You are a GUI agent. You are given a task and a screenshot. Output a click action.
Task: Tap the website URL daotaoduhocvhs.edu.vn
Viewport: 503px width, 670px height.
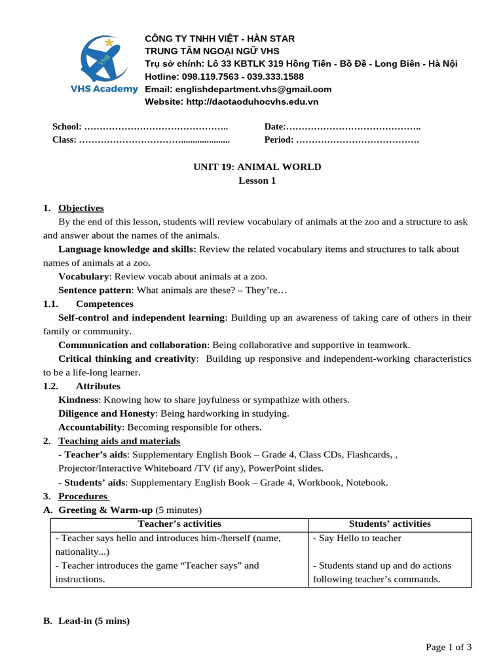click(x=252, y=101)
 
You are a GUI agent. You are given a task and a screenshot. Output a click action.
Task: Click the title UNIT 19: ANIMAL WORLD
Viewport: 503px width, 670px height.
click(x=257, y=167)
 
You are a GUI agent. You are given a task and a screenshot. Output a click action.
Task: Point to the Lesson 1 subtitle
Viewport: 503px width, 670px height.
click(x=257, y=181)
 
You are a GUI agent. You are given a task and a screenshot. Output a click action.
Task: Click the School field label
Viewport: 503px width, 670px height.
click(x=67, y=126)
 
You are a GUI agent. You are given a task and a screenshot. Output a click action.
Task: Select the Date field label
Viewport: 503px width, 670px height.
click(x=275, y=126)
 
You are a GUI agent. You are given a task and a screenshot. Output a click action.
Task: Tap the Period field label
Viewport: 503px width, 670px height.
click(x=279, y=139)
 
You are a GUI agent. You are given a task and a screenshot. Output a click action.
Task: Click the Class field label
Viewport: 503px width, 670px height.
click(x=64, y=139)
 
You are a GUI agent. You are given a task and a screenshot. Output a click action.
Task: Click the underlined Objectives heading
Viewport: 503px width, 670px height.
click(x=81, y=208)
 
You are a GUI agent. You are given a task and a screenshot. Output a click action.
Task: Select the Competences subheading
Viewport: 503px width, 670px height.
click(x=104, y=304)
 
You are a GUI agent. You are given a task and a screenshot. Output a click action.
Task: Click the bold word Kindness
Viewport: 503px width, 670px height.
click(x=79, y=400)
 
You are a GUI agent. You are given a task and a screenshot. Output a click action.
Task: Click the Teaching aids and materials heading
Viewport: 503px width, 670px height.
click(x=119, y=441)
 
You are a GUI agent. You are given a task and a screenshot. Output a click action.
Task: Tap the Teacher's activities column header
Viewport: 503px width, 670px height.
click(x=179, y=523)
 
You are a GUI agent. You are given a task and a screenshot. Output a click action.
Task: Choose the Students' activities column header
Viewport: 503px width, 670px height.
click(x=390, y=523)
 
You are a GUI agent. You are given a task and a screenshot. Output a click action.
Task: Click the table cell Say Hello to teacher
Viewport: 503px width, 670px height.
click(x=357, y=538)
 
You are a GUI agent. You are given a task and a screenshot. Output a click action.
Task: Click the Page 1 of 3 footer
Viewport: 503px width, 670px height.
click(x=449, y=647)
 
